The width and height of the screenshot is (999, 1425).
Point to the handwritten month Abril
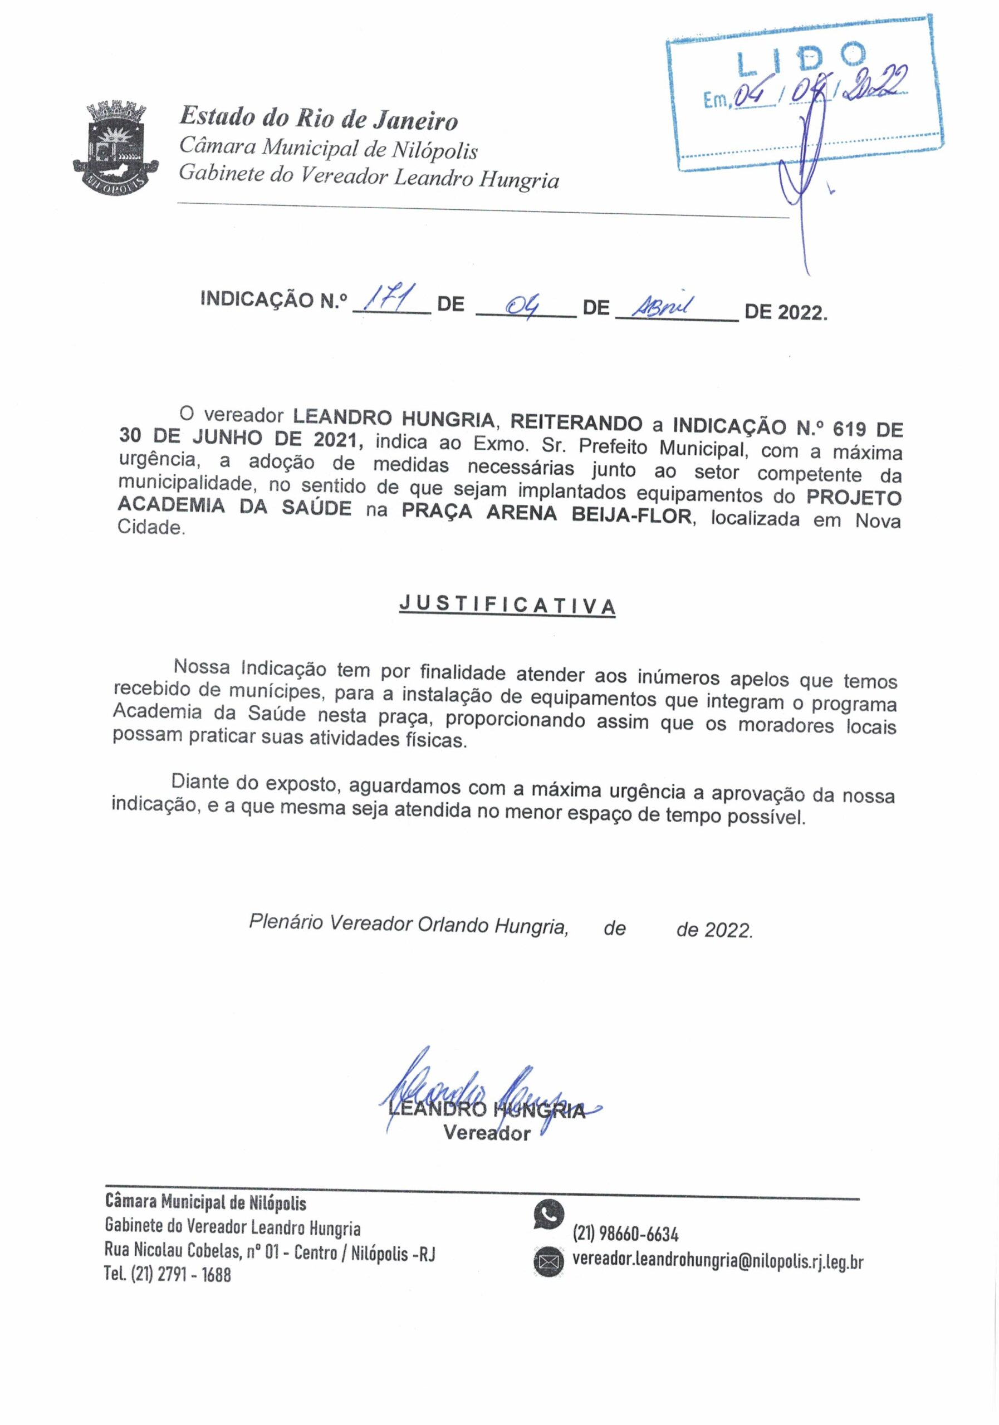(663, 306)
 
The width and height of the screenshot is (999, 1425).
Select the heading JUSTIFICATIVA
(507, 605)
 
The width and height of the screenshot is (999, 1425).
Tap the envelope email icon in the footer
(549, 1262)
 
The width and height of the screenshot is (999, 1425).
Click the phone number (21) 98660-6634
(625, 1234)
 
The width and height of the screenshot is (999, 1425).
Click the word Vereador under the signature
(487, 1133)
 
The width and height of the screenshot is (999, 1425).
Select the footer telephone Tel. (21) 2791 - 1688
(168, 1275)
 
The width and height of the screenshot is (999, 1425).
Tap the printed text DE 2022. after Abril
(785, 312)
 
